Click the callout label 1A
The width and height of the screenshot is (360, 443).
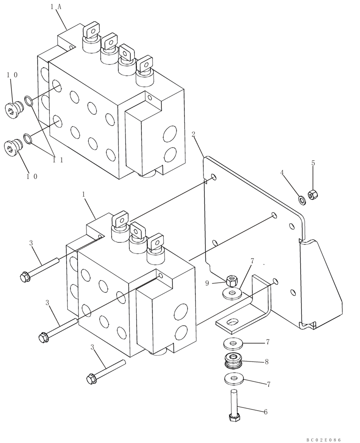(x=55, y=6)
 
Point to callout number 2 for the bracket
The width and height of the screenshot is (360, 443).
(x=193, y=135)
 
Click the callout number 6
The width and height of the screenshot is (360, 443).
(x=266, y=412)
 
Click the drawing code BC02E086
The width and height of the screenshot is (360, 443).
(x=323, y=439)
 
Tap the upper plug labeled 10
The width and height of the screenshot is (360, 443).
(x=16, y=109)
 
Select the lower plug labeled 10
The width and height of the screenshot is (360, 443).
(x=13, y=148)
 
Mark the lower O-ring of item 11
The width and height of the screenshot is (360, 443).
(x=27, y=140)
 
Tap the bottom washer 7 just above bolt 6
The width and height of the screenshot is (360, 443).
(x=233, y=379)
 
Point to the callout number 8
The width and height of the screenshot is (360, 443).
(x=266, y=361)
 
